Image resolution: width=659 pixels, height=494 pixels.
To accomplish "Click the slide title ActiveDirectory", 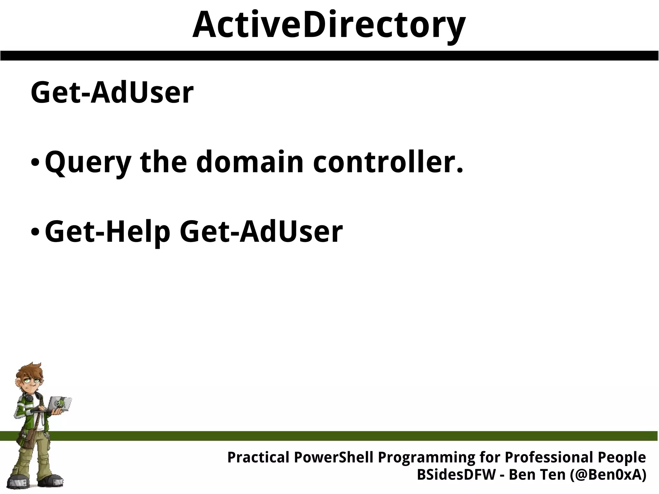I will pos(329,25).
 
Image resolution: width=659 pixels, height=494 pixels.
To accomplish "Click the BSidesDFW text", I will pos(456,475).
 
